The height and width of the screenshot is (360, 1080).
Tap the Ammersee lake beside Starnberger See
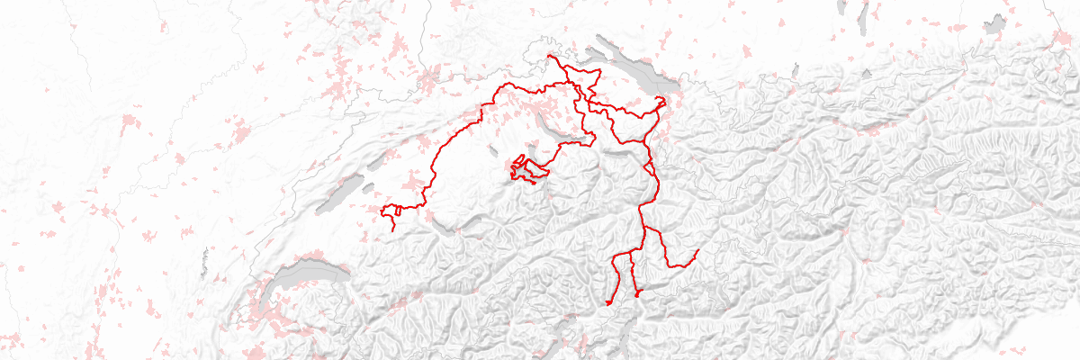point(841,13)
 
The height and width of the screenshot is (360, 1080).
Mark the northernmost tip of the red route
point(547,56)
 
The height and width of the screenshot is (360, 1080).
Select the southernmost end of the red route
point(609,304)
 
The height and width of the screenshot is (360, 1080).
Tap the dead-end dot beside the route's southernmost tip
point(637,293)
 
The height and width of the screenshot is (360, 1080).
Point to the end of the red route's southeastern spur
point(697,250)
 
